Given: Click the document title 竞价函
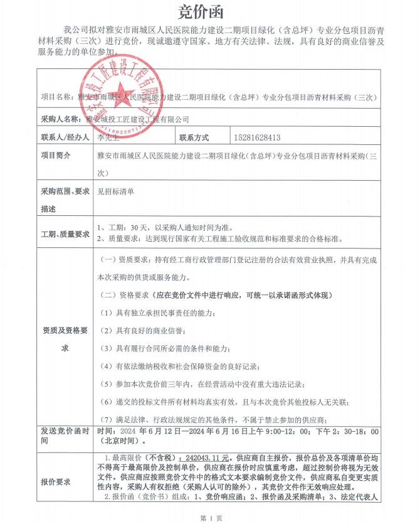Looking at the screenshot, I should click(209, 12).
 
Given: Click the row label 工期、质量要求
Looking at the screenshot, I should click(65, 234).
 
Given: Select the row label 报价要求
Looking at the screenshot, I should click(56, 482).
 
